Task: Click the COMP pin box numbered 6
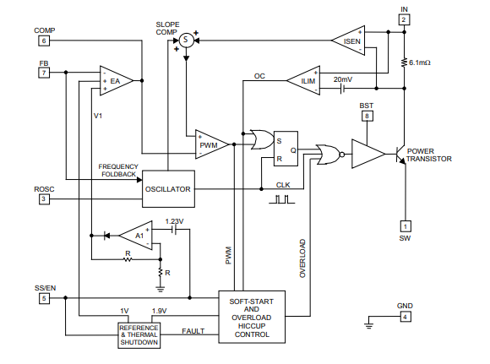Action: [x=44, y=41]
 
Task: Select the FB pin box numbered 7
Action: [x=44, y=73]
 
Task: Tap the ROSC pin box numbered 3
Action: [x=44, y=199]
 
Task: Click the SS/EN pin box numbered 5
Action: [x=44, y=298]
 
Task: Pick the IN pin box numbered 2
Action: [x=404, y=19]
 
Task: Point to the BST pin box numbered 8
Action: [x=367, y=117]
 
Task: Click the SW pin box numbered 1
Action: [x=406, y=226]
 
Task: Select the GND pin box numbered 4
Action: [x=406, y=317]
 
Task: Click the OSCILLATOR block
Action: [x=168, y=188]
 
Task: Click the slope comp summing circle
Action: [x=186, y=40]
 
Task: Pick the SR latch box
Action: [x=286, y=149]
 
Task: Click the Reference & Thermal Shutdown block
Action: [x=139, y=335]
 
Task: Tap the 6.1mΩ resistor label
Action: [x=420, y=62]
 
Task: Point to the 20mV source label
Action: [x=342, y=79]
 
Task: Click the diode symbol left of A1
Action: [x=106, y=236]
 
